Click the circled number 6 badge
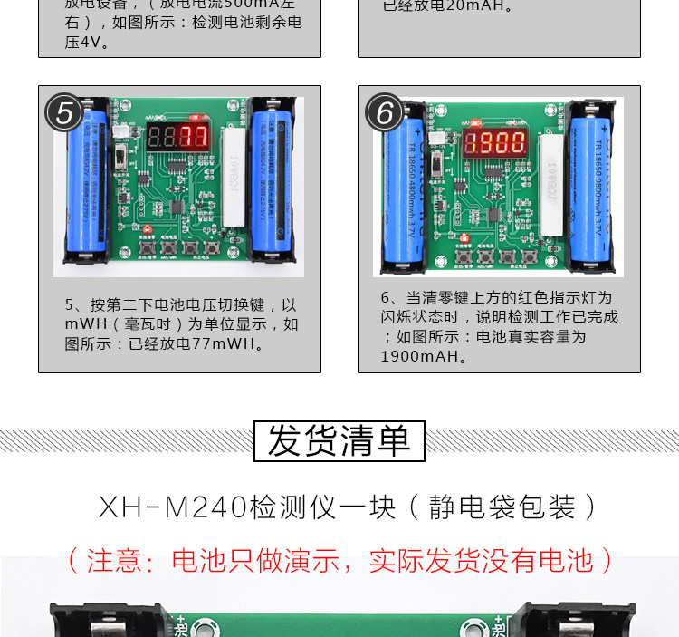[x=385, y=114]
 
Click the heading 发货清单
[x=339, y=441]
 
